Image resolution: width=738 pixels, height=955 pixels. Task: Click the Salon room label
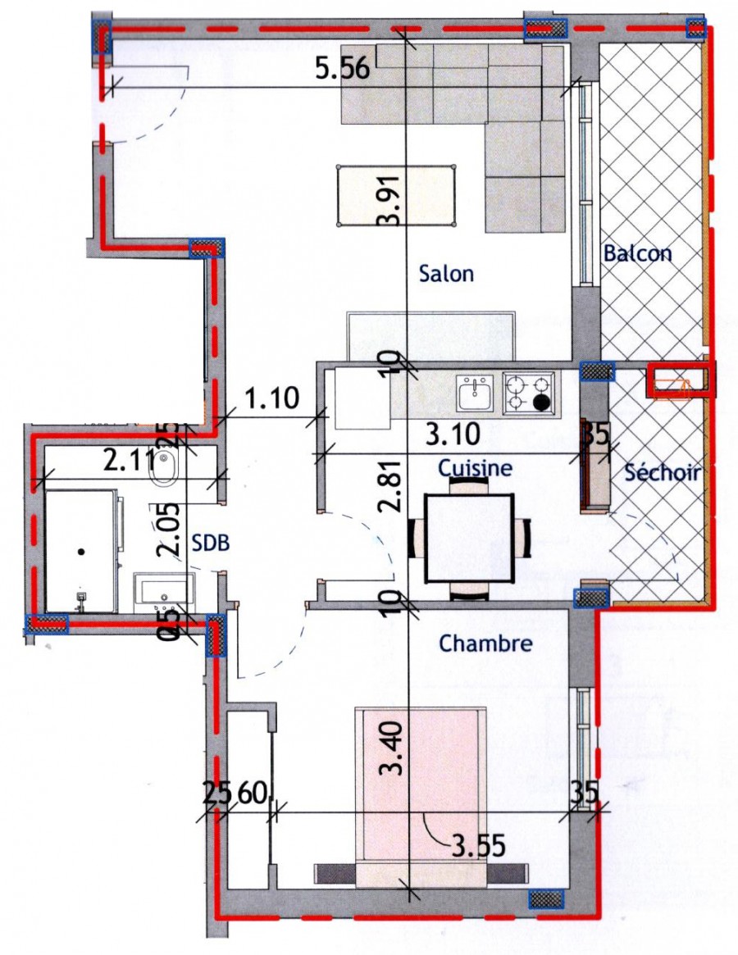446,273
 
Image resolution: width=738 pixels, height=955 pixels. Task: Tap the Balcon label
637,252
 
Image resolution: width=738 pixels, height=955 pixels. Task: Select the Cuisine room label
476,468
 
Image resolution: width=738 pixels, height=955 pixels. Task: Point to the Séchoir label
662,472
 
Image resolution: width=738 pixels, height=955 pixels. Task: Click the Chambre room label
485,643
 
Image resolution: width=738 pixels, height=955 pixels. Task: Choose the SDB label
210,542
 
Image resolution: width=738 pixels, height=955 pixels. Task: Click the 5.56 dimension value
343,67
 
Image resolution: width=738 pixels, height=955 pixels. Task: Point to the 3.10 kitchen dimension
452,434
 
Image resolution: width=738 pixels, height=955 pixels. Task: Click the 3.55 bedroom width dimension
478,845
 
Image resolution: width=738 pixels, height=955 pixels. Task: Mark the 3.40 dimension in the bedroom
390,748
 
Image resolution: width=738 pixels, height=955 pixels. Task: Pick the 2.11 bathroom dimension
129,461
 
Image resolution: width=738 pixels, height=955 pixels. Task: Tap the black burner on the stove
540,402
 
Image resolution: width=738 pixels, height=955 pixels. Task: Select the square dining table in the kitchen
469,538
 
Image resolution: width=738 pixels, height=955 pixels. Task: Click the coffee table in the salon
396,195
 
